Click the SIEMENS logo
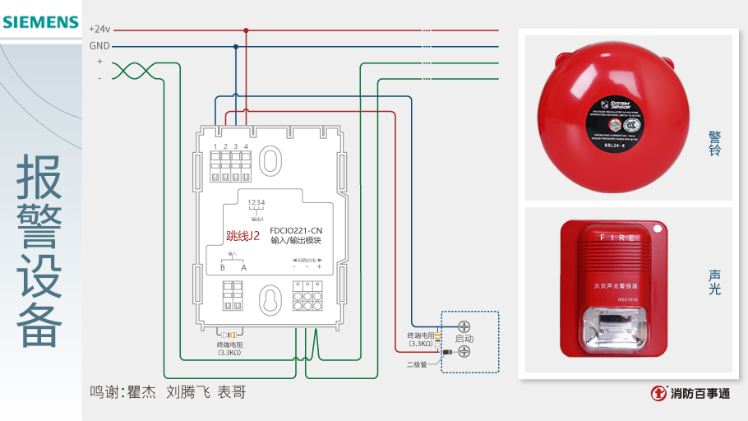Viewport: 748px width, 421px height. pyautogui.click(x=40, y=22)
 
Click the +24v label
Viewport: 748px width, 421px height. pyautogui.click(x=99, y=29)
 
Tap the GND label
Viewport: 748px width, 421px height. pyautogui.click(x=99, y=46)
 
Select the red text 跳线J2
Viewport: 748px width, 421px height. pyautogui.click(x=242, y=236)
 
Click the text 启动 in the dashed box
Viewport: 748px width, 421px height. pyautogui.click(x=464, y=339)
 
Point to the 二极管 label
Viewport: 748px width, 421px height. pyautogui.click(x=417, y=363)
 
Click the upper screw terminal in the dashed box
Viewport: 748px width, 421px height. pyautogui.click(x=464, y=326)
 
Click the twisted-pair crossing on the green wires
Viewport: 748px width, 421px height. pyautogui.click(x=128, y=71)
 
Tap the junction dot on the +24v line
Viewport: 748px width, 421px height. pyautogui.click(x=245, y=30)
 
